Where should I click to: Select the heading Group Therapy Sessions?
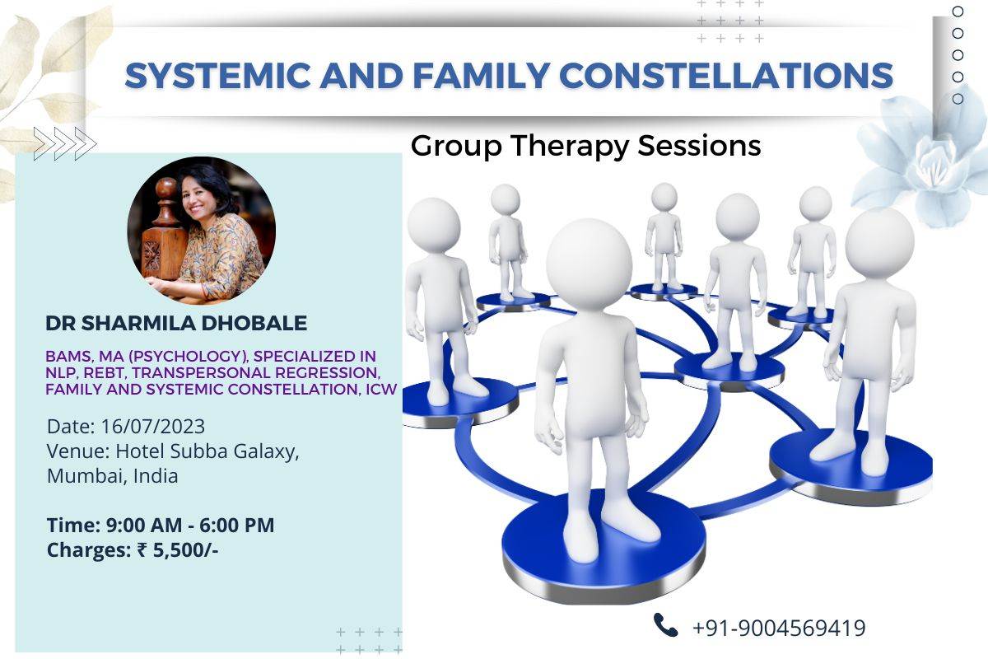coord(585,146)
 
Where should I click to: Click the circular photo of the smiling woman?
coord(202,231)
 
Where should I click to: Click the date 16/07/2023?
coord(153,427)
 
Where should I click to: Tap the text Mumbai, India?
coord(112,475)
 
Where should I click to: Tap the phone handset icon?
coord(665,625)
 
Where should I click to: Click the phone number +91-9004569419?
coord(779,628)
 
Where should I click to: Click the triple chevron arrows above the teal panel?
coord(64,143)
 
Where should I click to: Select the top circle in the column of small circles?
coord(958,12)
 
